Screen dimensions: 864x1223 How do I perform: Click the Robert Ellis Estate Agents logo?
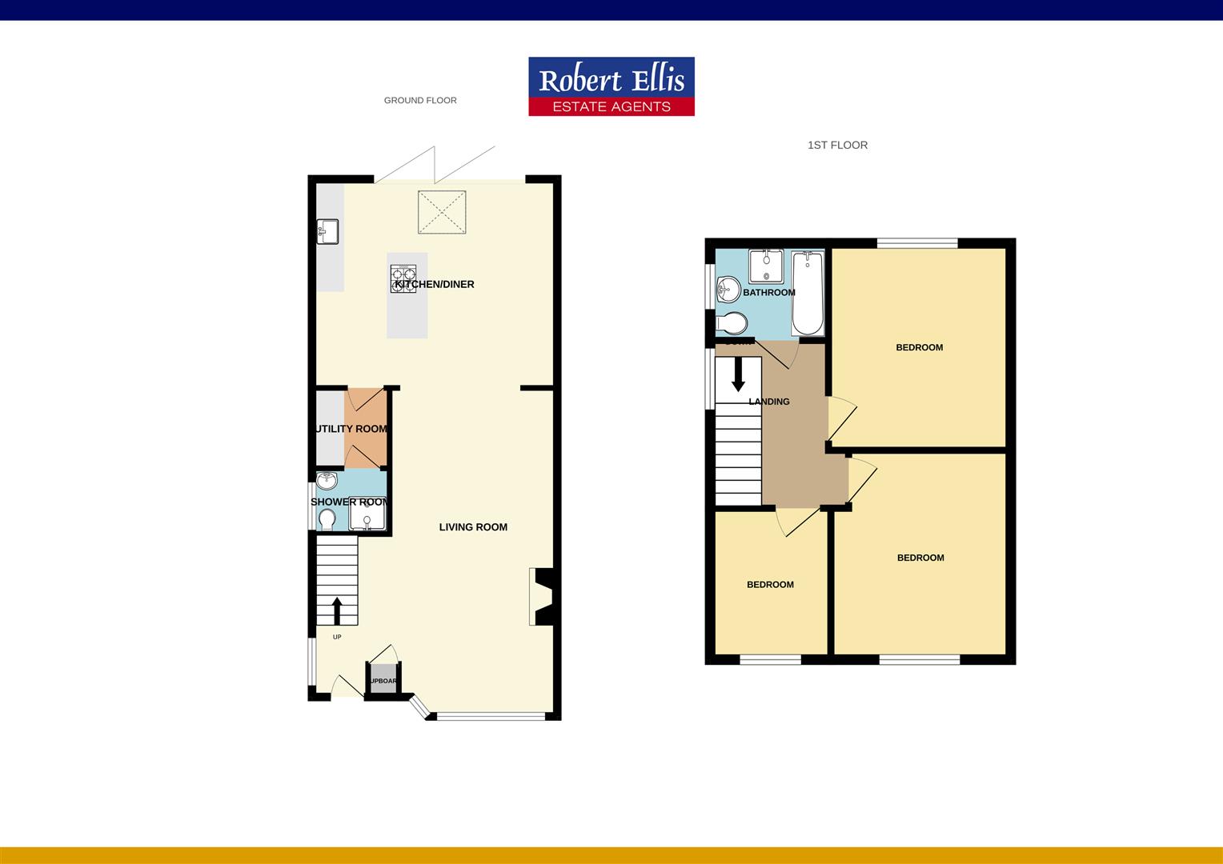pyautogui.click(x=611, y=86)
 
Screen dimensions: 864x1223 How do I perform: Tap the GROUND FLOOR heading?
pyautogui.click(x=420, y=101)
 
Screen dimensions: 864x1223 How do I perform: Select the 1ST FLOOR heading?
pyautogui.click(x=837, y=145)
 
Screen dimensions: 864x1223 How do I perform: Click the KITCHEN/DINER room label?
pyautogui.click(x=435, y=284)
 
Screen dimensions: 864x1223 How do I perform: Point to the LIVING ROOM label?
pyautogui.click(x=473, y=527)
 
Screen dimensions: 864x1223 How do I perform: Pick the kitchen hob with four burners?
pyautogui.click(x=403, y=278)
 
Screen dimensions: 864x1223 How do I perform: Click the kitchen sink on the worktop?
pyautogui.click(x=327, y=231)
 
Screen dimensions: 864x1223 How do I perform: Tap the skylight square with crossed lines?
pyautogui.click(x=442, y=212)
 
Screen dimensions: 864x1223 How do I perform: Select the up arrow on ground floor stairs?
pyautogui.click(x=337, y=610)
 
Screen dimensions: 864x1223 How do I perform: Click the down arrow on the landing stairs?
pyautogui.click(x=738, y=374)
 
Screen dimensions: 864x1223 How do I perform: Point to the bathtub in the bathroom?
pyautogui.click(x=808, y=294)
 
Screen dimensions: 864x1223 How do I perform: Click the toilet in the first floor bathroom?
pyautogui.click(x=732, y=323)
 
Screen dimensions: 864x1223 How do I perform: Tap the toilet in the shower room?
pyautogui.click(x=327, y=520)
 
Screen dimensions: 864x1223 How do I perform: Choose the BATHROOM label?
pyautogui.click(x=769, y=293)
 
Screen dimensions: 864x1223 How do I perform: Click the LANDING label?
pyautogui.click(x=769, y=402)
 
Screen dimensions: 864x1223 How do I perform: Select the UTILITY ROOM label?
pyautogui.click(x=351, y=429)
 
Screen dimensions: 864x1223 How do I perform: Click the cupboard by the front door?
pyautogui.click(x=383, y=680)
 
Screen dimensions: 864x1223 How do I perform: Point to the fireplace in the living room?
pyautogui.click(x=541, y=597)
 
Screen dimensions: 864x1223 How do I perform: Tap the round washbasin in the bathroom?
pyautogui.click(x=728, y=288)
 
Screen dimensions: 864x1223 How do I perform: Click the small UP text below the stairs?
pyautogui.click(x=337, y=638)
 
